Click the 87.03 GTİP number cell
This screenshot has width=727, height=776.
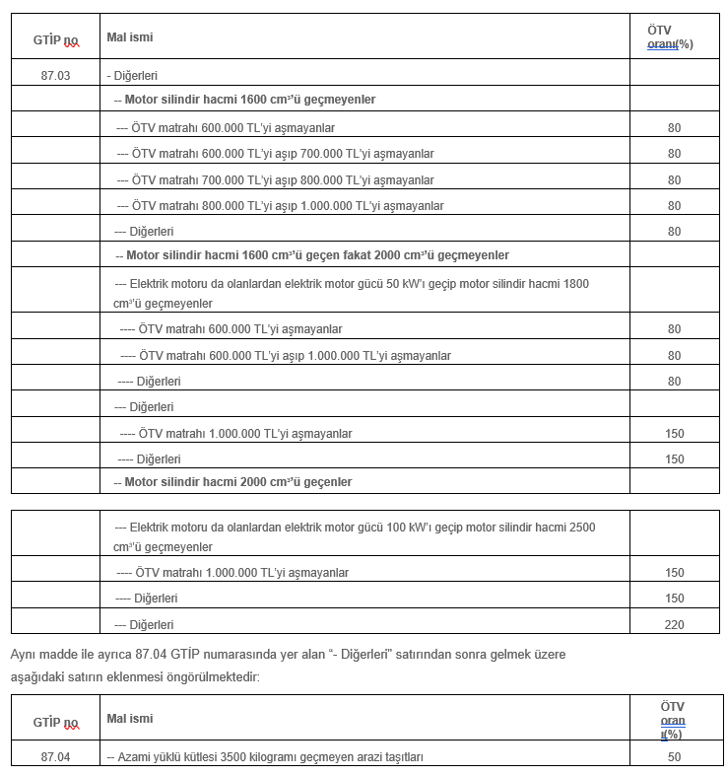pos(55,75)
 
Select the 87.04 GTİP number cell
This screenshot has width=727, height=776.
pos(55,756)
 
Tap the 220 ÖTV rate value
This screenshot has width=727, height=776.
pos(674,624)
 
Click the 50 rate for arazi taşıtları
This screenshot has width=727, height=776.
pos(674,756)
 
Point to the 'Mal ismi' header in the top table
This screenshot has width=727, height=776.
pos(130,37)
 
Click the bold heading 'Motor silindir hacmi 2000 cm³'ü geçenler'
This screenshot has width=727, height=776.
pos(237,481)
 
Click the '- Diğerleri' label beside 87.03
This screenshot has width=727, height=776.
pos(133,75)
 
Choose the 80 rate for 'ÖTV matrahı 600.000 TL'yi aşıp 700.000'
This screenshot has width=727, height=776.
pos(674,154)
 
